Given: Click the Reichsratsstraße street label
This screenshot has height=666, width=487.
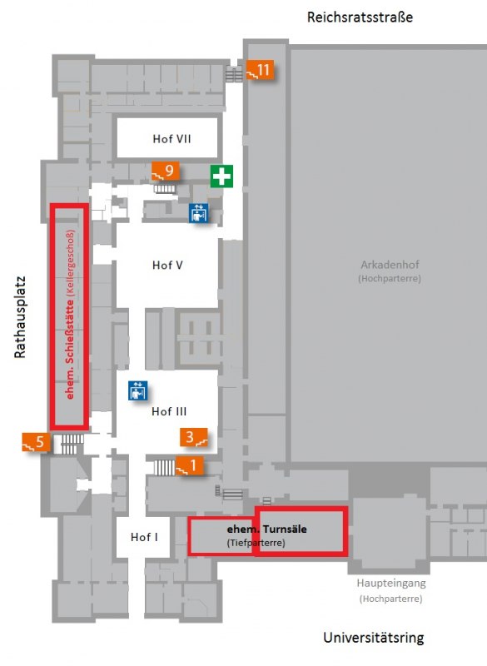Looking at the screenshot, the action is [360, 17].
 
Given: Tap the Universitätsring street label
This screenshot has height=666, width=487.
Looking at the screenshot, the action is [374, 638].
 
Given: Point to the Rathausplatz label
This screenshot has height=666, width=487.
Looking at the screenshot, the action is [20, 317].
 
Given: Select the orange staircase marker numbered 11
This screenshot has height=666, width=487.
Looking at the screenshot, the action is [260, 70].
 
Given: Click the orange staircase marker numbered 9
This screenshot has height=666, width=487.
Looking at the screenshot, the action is [166, 171].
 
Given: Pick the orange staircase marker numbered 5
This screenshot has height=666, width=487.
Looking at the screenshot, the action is [36, 442].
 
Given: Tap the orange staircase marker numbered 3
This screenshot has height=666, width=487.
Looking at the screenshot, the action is [194, 437].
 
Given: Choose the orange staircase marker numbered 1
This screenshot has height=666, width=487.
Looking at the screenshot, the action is [189, 465].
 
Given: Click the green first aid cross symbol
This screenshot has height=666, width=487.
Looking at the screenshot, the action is [221, 176].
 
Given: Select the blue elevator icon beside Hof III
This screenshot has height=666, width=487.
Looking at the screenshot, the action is [137, 390].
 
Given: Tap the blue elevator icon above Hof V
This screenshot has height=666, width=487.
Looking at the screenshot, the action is [199, 213].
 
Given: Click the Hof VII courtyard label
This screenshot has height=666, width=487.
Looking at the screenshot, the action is [171, 139].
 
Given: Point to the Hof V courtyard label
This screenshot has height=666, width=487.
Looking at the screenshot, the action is [167, 265].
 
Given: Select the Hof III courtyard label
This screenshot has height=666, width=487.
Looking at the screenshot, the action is [169, 411].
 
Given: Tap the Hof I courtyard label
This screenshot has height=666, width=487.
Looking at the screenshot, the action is [144, 537].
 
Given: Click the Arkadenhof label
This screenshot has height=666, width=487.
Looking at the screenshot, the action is [390, 265].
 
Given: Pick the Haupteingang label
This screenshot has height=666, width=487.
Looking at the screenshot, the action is [391, 584].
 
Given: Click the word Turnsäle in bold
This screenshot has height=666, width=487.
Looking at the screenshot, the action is [285, 529].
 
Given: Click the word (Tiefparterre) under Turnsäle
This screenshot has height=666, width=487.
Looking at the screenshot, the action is [256, 543].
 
